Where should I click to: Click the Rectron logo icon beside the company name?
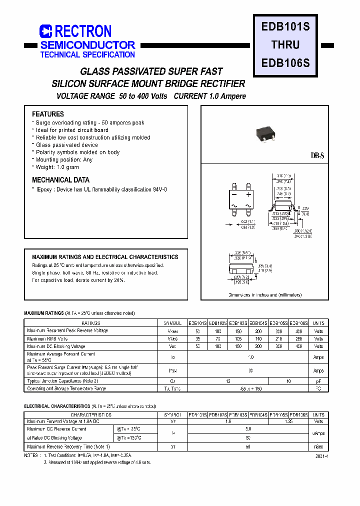tap(46, 31)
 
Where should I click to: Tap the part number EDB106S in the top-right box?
tap(285, 63)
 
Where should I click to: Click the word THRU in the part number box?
tap(285, 45)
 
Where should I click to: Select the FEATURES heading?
tap(48, 114)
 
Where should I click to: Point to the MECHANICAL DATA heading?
tap(61, 180)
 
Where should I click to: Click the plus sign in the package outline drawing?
tap(248, 193)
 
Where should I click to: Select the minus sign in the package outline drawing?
tap(234, 193)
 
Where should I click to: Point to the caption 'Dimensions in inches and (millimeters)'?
tap(265, 295)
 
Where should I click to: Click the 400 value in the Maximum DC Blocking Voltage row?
tap(299, 346)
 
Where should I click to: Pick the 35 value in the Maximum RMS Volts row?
tap(197, 338)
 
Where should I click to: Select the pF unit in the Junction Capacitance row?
tap(318, 381)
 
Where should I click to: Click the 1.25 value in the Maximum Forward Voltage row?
tap(289, 421)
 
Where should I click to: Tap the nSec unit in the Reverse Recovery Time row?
tap(318, 446)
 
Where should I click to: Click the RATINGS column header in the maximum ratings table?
tap(90, 323)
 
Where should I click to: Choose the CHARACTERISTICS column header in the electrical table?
tap(90, 414)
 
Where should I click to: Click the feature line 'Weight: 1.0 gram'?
tap(57, 167)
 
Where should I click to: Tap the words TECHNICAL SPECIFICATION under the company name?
tap(87, 54)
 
